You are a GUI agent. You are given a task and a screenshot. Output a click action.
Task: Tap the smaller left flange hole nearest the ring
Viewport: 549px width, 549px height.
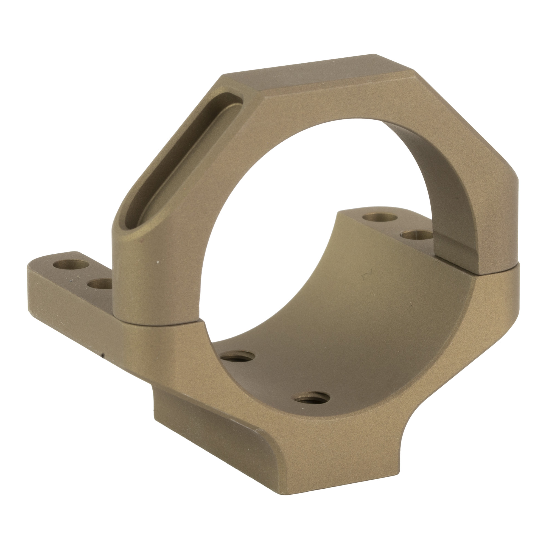99,284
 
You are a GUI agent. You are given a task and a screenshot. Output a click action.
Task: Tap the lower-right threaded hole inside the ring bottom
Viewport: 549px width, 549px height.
312,399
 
